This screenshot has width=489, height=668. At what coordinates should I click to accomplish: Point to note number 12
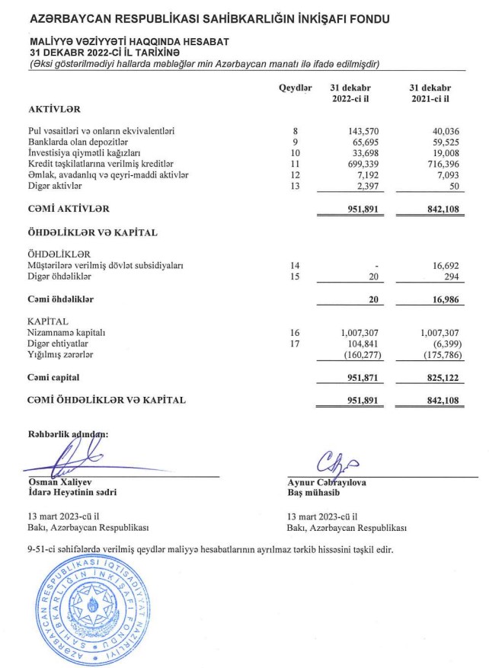[x=296, y=174]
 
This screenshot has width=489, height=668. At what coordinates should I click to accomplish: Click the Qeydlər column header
[x=296, y=89]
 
